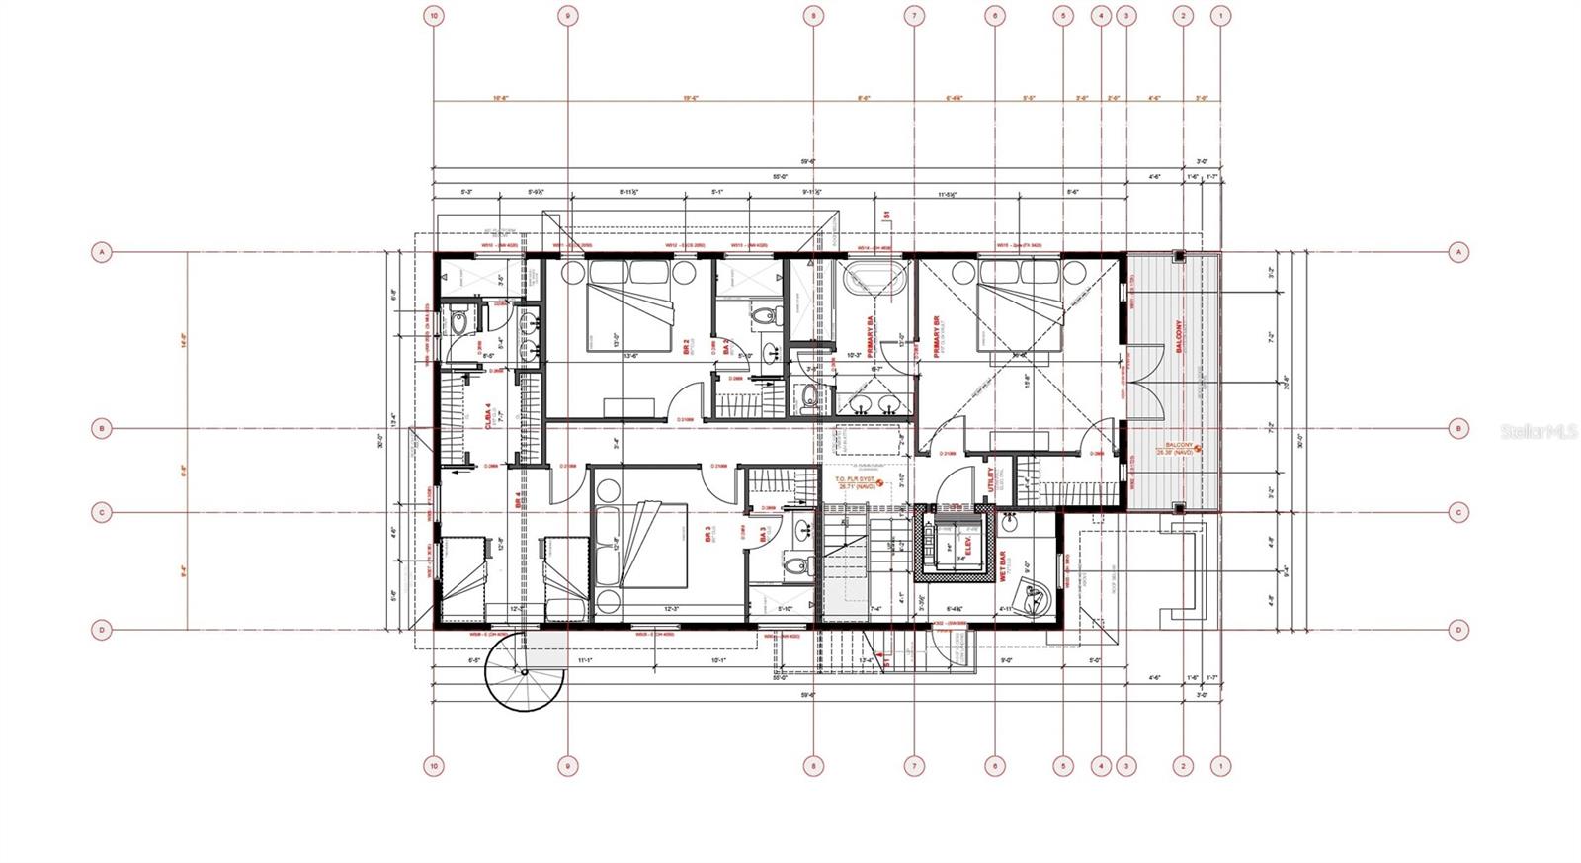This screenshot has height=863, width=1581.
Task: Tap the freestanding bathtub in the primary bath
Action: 874,279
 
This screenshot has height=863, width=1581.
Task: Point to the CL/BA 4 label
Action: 489,416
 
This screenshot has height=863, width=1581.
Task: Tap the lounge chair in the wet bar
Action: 1039,597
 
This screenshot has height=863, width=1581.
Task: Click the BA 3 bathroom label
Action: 764,534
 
